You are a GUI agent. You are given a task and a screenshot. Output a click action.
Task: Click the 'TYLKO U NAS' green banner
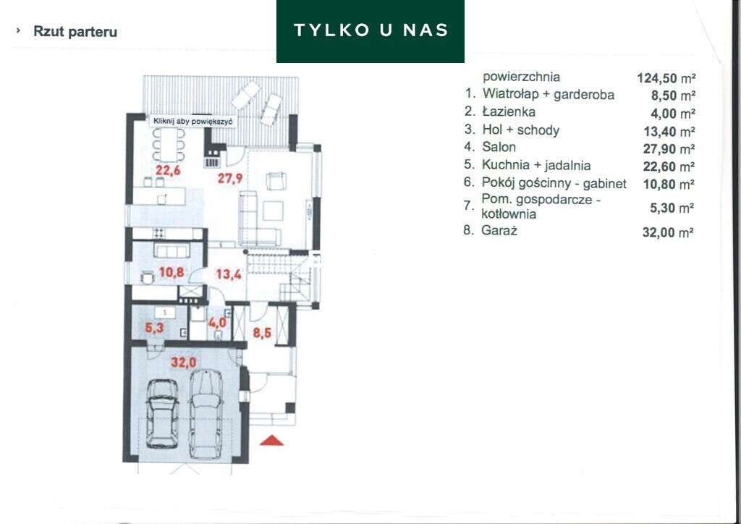click(x=370, y=30)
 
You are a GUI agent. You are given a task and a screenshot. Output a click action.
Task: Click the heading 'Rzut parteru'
click(x=75, y=32)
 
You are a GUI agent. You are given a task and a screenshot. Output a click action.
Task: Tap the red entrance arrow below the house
click(x=273, y=439)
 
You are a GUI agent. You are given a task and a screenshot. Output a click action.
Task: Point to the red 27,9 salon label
click(x=230, y=177)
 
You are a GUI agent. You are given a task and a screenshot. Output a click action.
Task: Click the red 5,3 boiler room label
click(x=154, y=328)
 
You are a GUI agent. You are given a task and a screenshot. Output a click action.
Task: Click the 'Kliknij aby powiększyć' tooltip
click(x=193, y=122)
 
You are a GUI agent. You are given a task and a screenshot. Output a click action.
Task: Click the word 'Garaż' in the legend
click(x=499, y=231)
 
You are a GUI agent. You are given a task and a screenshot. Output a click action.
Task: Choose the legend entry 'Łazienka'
click(x=509, y=112)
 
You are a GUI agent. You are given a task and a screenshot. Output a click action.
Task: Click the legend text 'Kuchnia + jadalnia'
click(x=536, y=166)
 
